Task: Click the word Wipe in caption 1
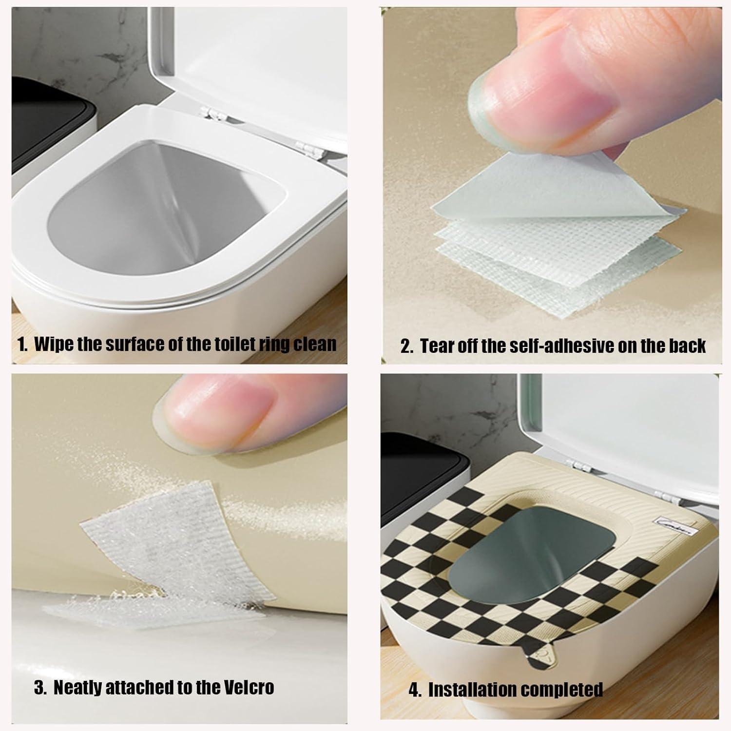54,344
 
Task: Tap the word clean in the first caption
314,344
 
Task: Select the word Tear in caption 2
436,346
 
